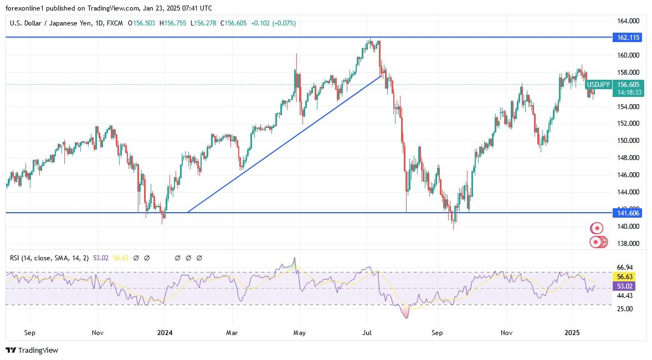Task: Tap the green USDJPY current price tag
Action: tap(598, 84)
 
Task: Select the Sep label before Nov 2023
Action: tap(30, 333)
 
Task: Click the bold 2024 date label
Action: tap(165, 333)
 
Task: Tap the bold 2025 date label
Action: tap(572, 333)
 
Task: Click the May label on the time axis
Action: tap(299, 333)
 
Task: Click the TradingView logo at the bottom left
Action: tap(32, 350)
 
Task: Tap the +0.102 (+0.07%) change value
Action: tap(273, 23)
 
